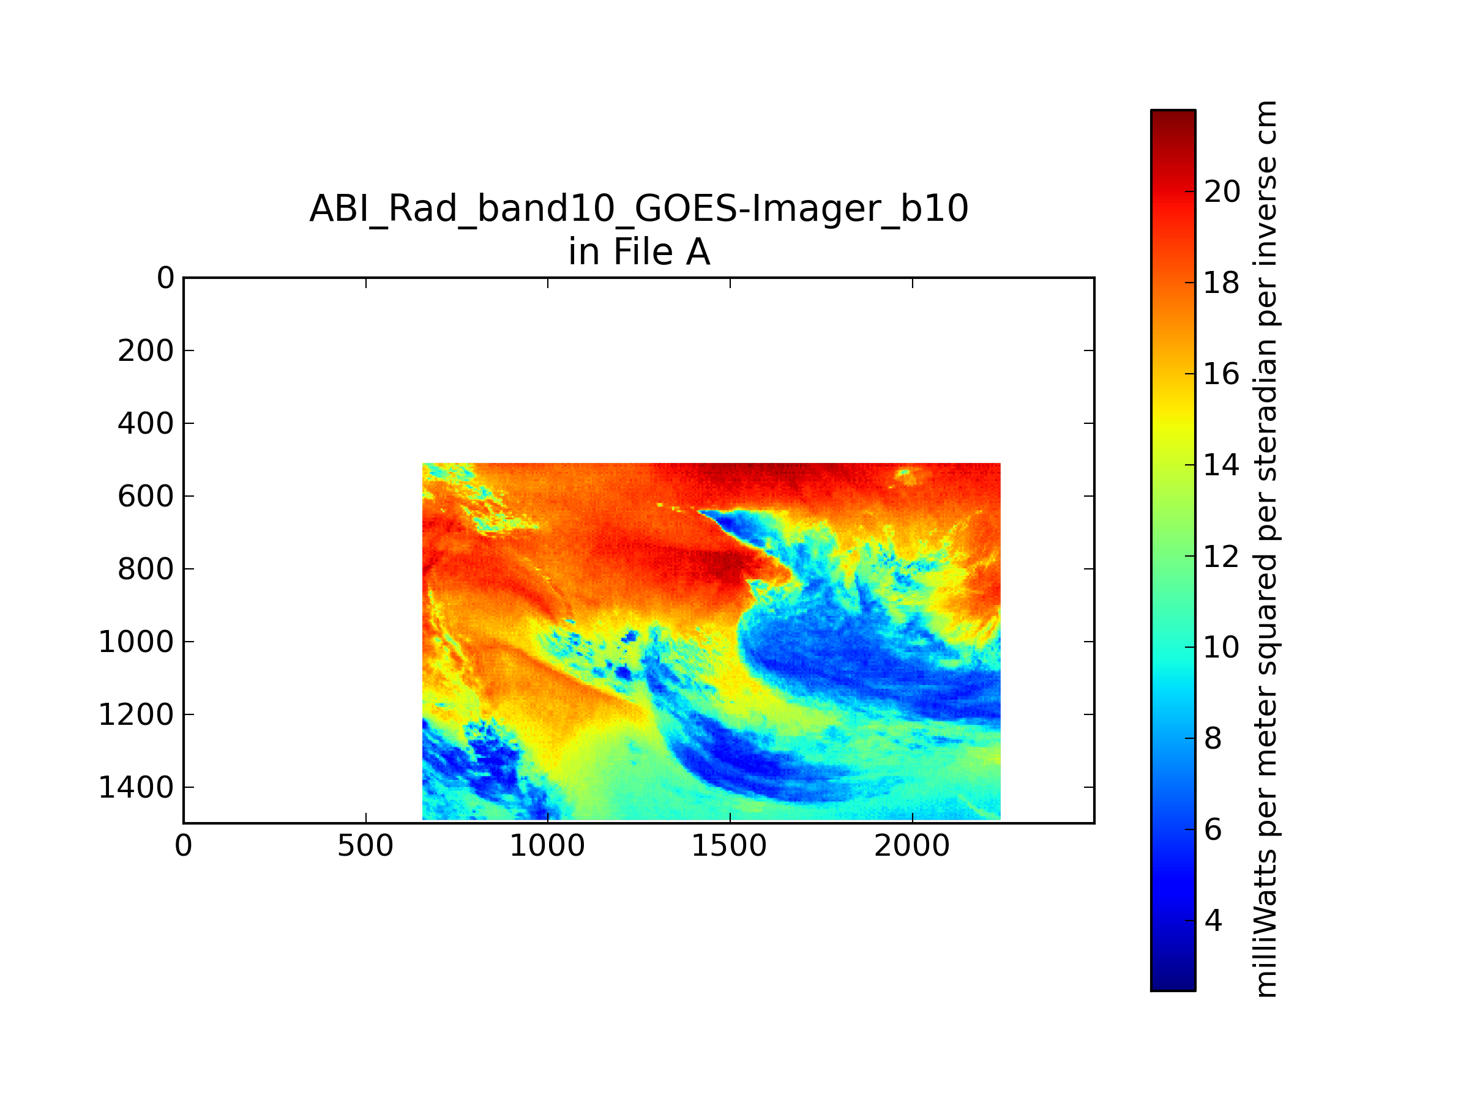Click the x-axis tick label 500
coord(365,846)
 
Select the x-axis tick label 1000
coord(547,846)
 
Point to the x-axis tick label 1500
coord(729,846)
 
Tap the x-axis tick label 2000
coord(912,846)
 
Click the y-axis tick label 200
coord(146,351)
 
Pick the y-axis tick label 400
coord(146,423)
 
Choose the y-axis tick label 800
coord(146,569)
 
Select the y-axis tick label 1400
coord(136,788)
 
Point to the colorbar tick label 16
coord(1222,374)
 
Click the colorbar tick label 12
coord(1222,556)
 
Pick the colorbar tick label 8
coord(1213,739)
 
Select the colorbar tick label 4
coord(1213,921)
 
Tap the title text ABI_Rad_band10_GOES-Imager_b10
coord(639,209)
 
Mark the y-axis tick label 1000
coord(136,642)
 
